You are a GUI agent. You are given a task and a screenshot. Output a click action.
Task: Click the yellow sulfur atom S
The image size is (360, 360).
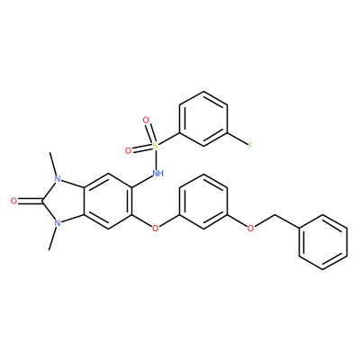tap(155, 146)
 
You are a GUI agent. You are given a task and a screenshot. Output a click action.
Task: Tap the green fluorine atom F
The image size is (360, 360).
tap(250, 146)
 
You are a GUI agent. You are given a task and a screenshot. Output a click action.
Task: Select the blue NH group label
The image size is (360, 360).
tap(157, 173)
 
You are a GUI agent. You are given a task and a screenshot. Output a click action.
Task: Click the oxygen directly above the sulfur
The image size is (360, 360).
tap(146, 121)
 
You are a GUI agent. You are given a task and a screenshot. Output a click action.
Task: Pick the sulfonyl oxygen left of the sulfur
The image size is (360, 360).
tap(129, 151)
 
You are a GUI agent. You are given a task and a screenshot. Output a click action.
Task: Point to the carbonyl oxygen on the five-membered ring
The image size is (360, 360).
tap(13, 201)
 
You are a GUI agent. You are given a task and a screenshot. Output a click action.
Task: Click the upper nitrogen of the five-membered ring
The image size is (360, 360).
tap(58, 180)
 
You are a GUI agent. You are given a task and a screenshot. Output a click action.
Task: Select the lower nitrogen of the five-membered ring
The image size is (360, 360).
tap(58, 223)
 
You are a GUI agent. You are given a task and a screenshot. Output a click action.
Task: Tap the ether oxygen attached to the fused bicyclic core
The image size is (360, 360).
tap(155, 229)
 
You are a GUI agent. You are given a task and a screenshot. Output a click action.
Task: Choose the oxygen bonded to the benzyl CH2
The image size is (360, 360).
tap(250, 229)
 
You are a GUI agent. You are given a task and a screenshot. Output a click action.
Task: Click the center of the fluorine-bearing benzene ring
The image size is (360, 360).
tap(203, 119)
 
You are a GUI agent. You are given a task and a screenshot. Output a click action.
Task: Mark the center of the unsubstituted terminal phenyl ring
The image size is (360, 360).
tap(323, 242)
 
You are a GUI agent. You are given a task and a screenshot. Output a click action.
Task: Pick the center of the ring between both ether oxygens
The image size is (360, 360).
tap(203, 202)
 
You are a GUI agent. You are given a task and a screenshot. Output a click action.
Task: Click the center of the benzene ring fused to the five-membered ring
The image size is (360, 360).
tap(108, 202)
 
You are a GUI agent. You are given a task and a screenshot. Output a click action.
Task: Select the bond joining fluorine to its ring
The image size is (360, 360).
tap(238, 139)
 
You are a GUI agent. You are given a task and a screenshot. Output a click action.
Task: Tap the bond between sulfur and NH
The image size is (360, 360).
tap(156, 159)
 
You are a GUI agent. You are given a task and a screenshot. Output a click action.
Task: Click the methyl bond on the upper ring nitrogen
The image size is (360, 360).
tap(53, 165)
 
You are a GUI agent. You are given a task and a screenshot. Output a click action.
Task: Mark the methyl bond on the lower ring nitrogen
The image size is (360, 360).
tap(53, 238)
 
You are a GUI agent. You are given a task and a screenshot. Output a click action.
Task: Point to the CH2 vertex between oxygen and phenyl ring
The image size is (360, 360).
tap(275, 215)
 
